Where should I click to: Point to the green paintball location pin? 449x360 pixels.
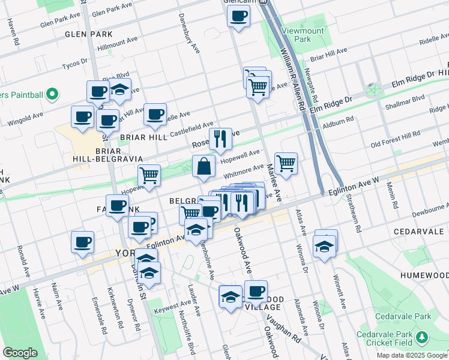[51, 94]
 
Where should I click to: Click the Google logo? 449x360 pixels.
[20, 353]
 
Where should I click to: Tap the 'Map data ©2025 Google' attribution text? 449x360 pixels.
[411, 355]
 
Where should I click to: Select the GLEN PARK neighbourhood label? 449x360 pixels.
[89, 34]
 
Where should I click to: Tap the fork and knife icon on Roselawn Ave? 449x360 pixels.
[220, 139]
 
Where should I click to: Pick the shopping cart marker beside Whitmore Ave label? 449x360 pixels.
[286, 163]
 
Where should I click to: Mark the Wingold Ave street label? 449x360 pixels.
[25, 119]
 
